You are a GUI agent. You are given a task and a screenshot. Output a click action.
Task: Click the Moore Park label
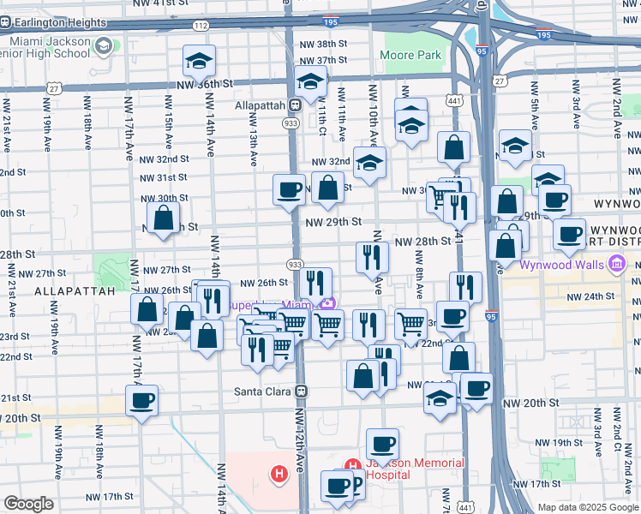[x=411, y=55]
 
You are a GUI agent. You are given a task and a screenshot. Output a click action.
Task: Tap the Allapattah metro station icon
[x=294, y=105]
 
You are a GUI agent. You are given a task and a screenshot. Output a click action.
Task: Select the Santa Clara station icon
[x=301, y=391]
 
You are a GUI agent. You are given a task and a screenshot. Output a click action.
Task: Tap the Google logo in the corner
[x=28, y=504]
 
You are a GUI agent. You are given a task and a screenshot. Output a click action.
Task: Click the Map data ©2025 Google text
[x=588, y=507]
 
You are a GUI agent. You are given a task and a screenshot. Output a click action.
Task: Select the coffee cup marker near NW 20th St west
[x=141, y=398]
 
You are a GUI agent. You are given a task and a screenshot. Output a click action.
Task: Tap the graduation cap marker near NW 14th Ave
[x=199, y=60]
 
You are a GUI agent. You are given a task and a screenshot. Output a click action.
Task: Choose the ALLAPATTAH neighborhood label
[x=75, y=291]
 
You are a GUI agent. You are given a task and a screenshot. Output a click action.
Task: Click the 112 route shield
[x=201, y=26]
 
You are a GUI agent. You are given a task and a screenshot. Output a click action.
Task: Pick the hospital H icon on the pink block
[x=279, y=473]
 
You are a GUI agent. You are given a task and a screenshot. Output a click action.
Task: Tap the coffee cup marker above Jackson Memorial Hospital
[x=382, y=443]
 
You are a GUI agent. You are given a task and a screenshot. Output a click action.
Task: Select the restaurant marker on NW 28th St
[x=372, y=256]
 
